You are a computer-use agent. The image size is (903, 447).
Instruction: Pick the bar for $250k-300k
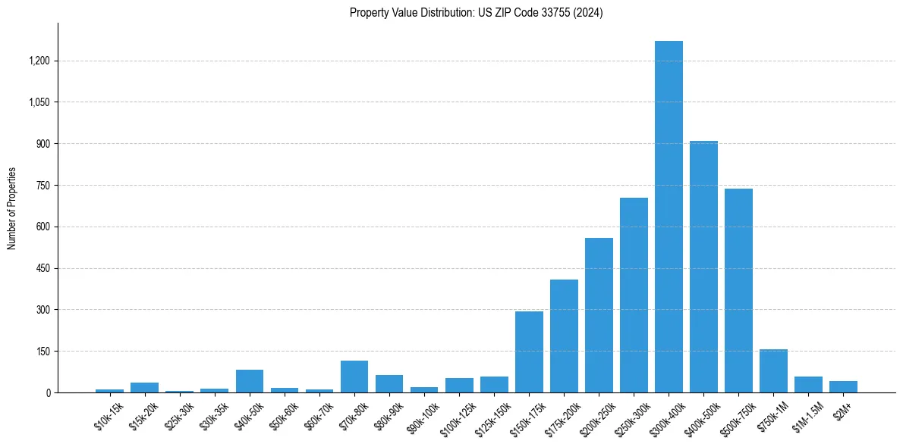634,295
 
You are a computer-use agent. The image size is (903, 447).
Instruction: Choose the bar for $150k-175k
529,352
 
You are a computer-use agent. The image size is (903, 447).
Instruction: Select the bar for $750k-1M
773,370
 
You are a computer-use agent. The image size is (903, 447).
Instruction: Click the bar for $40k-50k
250,381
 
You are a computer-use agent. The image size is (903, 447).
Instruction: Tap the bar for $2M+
843,386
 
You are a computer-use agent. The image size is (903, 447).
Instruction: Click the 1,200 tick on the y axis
39,61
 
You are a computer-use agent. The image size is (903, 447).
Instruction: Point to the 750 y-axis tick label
42,185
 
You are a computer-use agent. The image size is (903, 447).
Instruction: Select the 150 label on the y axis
42,351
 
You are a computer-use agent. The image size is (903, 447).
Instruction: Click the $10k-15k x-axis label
109,416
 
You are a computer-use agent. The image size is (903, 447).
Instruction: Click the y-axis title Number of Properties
12,208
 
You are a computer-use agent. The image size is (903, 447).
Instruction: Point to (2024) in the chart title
590,13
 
